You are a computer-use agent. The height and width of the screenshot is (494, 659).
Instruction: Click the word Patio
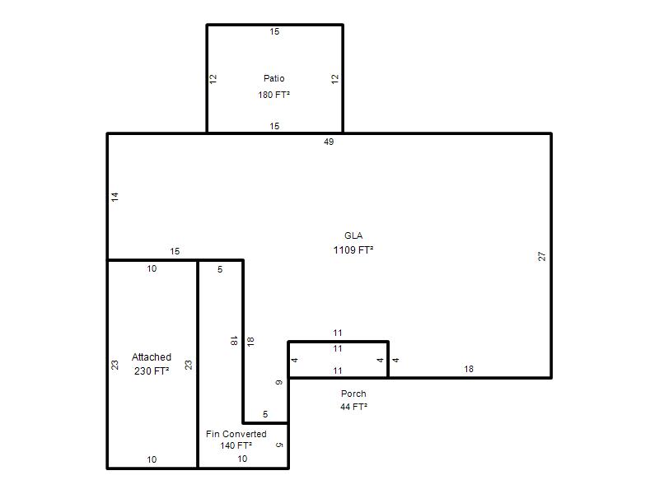tap(274, 78)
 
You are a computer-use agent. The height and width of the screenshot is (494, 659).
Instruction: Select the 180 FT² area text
tap(274, 95)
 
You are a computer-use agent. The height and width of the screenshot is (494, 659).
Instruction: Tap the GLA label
tap(353, 235)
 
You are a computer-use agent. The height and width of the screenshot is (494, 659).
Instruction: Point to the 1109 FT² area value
tap(353, 250)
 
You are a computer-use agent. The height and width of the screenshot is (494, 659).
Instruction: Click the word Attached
tap(152, 357)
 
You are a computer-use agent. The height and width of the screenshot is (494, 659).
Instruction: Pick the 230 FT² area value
tap(152, 371)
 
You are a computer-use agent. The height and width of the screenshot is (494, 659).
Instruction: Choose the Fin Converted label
tap(236, 434)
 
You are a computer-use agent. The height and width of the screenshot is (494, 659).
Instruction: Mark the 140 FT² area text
tap(236, 445)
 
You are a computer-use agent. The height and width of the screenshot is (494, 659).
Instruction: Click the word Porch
tap(353, 394)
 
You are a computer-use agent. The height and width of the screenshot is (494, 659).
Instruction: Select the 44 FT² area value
tap(354, 407)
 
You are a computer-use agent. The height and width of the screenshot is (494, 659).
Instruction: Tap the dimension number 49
tap(329, 142)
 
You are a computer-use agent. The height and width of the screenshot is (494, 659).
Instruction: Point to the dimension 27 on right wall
tap(542, 256)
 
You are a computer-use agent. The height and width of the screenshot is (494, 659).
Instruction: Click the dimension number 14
tap(115, 197)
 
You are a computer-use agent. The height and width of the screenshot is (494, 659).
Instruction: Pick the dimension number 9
tap(279, 382)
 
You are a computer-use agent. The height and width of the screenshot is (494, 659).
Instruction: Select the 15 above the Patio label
tap(274, 31)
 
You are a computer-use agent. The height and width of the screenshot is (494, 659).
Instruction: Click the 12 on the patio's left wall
tap(213, 78)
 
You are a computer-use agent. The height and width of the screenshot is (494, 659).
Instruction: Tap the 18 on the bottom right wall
tap(469, 369)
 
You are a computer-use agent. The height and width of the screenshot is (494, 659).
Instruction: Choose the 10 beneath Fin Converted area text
tap(242, 459)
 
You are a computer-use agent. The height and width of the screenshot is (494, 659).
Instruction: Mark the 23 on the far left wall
tap(115, 365)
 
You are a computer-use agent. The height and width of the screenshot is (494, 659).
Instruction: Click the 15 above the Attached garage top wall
tap(175, 251)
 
